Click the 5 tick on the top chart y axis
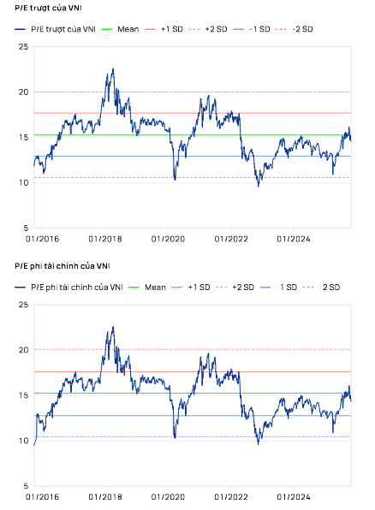pyautogui.click(x=24, y=228)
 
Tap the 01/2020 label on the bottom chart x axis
pyautogui.click(x=170, y=496)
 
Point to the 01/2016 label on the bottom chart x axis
pyautogui.click(x=44, y=496)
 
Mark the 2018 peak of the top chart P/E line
pyautogui.click(x=113, y=69)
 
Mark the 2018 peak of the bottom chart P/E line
pyautogui.click(x=113, y=327)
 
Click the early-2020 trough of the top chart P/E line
pyautogui.click(x=175, y=180)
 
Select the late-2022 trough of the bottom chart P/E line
pyautogui.click(x=259, y=442)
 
